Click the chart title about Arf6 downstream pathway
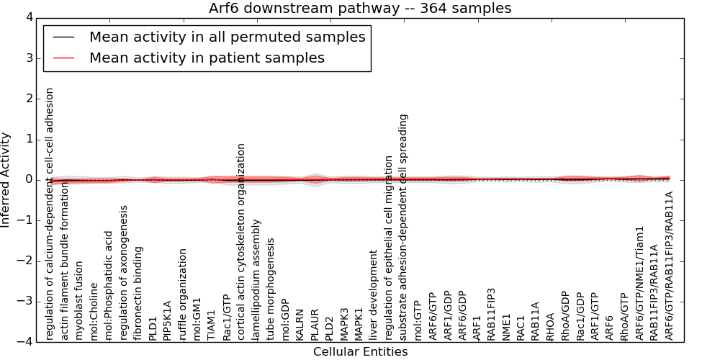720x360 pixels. (360, 9)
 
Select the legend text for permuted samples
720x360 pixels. (227, 37)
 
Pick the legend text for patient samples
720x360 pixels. (207, 58)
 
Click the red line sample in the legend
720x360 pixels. (63, 58)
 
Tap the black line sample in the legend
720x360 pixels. (63, 37)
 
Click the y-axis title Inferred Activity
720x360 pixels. (6, 179)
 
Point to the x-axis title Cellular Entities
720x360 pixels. (360, 352)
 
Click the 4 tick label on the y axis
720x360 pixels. (29, 17)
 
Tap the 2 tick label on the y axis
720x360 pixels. (29, 99)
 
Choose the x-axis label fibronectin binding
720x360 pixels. (138, 292)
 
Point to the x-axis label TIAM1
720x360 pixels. (211, 324)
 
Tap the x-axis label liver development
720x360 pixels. (373, 294)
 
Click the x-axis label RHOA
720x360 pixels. (550, 326)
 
